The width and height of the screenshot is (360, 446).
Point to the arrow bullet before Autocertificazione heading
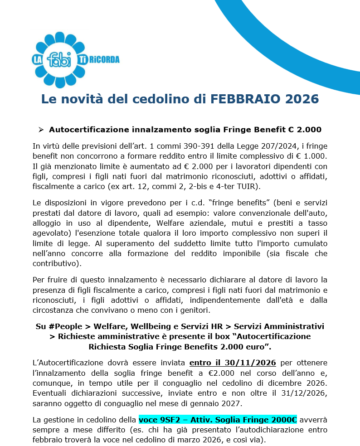(41, 130)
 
